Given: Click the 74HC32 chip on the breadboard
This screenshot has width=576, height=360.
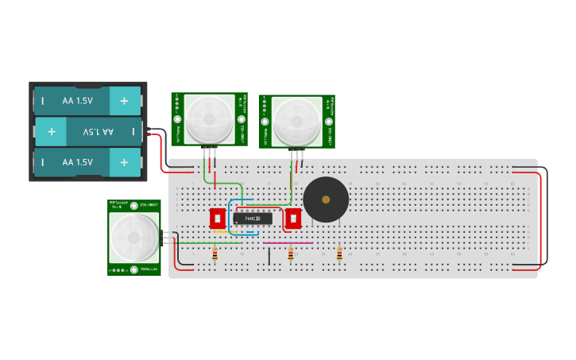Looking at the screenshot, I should point(253,218).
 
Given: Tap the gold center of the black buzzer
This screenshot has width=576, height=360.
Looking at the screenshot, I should point(326,199).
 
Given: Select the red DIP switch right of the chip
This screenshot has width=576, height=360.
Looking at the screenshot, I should point(293,218).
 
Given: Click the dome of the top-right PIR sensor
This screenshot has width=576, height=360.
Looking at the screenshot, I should point(297,122).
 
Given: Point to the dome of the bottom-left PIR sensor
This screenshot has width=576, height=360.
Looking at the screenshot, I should point(133,238).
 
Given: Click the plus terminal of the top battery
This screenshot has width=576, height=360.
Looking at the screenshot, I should point(124,101).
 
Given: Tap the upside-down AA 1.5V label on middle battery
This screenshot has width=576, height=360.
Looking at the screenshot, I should point(94,131).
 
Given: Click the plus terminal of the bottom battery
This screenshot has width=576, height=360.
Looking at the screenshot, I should point(124,162).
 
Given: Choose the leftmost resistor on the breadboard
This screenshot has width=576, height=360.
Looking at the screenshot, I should point(215,254).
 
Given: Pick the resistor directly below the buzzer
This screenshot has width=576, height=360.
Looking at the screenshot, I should point(339,254).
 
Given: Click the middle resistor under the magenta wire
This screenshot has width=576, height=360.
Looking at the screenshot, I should point(290,254).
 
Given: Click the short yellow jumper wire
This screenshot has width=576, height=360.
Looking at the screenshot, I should point(220,232).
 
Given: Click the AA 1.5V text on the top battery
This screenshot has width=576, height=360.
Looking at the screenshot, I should point(78,101).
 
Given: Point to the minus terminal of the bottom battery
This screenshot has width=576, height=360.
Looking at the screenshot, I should point(43,162).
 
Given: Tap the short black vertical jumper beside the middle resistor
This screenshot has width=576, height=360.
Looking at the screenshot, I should point(269,256).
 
